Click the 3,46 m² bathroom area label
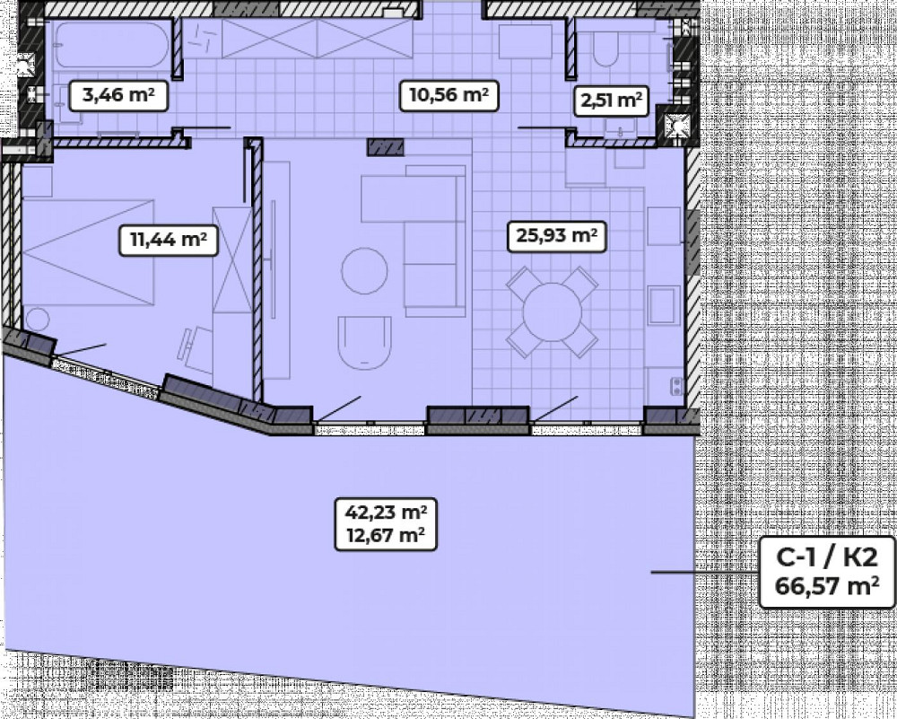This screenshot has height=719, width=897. point(118,95)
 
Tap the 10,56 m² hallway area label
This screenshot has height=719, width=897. point(449,95)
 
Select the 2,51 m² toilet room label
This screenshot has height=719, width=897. point(610,101)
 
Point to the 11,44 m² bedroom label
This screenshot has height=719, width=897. point(169,240)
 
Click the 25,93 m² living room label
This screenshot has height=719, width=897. point(557,236)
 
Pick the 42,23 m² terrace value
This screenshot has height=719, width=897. point(386,513)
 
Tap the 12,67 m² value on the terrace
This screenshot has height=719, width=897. point(386,536)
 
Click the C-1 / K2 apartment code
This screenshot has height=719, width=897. point(827,557)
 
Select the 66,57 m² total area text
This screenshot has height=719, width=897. point(827,586)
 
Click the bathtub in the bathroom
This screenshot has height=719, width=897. point(112,45)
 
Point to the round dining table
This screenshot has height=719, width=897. point(552,312)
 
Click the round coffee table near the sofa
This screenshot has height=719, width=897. point(364,271)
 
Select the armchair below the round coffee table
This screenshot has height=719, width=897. point(364,342)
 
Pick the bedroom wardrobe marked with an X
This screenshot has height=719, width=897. point(231,259)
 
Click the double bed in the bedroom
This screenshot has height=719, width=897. point(89,252)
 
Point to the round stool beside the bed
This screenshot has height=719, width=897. point(38,320)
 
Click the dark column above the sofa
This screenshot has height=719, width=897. point(385,147)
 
